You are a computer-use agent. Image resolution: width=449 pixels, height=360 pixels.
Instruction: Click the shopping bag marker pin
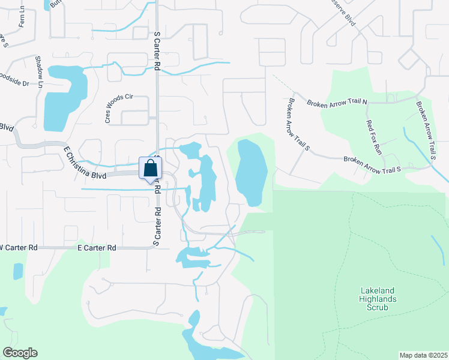[150, 169]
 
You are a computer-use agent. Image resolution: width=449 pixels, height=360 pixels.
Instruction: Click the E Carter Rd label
[97, 247]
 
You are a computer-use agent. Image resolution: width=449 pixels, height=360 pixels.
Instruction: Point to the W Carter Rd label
[19, 247]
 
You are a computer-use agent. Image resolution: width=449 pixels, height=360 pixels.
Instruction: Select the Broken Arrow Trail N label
[337, 103]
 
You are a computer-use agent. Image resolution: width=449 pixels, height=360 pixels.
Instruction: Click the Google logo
[20, 353]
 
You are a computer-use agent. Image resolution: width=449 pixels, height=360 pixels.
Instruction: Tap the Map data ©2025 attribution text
[423, 355]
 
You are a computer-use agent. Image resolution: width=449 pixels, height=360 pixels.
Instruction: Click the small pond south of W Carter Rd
[17, 271]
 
